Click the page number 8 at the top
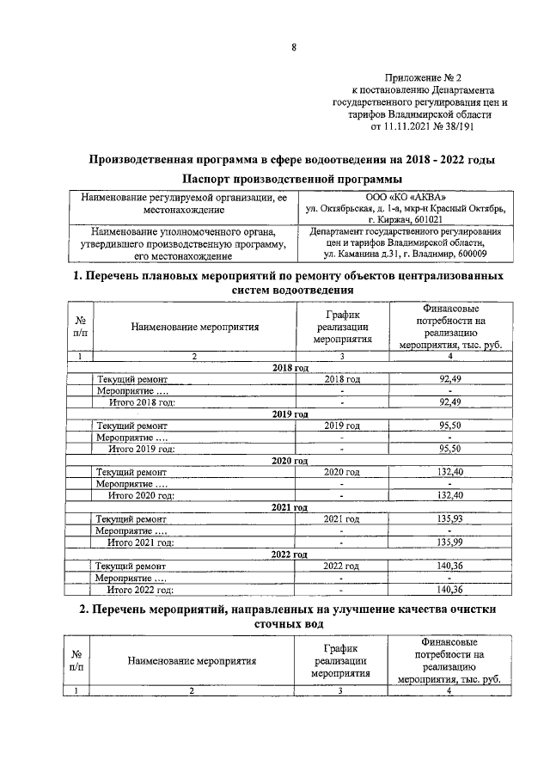294,48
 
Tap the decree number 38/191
458,126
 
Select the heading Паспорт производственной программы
293,179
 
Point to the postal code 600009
465,254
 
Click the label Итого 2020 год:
140,494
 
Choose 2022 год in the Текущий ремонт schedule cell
341,567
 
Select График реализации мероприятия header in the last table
341,661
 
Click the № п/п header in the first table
79,327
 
